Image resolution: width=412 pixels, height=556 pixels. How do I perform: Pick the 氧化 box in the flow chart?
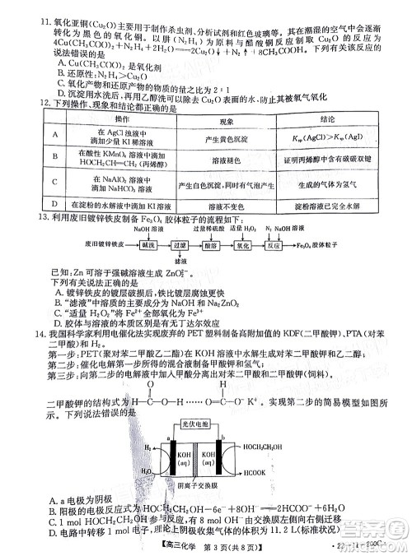point(265,245)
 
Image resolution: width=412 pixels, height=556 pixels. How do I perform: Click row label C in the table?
point(54,182)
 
